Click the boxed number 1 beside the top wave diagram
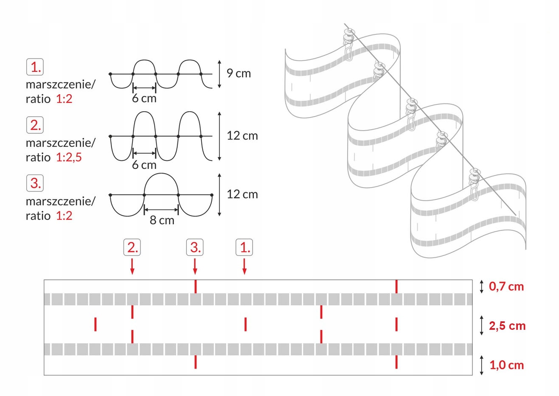pyautogui.click(x=35, y=67)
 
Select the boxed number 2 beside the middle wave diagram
pyautogui.click(x=35, y=125)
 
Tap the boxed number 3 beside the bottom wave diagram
pyautogui.click(x=35, y=183)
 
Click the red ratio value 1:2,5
pyautogui.click(x=69, y=157)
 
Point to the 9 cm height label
pyautogui.click(x=239, y=73)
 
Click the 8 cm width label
pyautogui.click(x=162, y=220)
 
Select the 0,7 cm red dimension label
pyautogui.click(x=506, y=286)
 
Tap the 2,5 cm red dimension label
pyautogui.click(x=507, y=326)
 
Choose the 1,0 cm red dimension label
pyautogui.click(x=507, y=365)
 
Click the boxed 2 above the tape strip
pyautogui.click(x=132, y=247)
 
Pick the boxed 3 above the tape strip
pyautogui.click(x=195, y=247)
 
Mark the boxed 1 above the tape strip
pyautogui.click(x=244, y=247)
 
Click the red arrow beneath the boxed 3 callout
pyautogui.click(x=195, y=267)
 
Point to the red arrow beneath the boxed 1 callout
pyautogui.click(x=244, y=267)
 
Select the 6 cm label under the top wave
pyautogui.click(x=144, y=98)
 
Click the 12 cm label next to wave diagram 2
pyautogui.click(x=242, y=136)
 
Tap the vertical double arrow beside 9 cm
pyautogui.click(x=219, y=74)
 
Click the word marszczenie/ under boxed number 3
pyautogui.click(x=61, y=201)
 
